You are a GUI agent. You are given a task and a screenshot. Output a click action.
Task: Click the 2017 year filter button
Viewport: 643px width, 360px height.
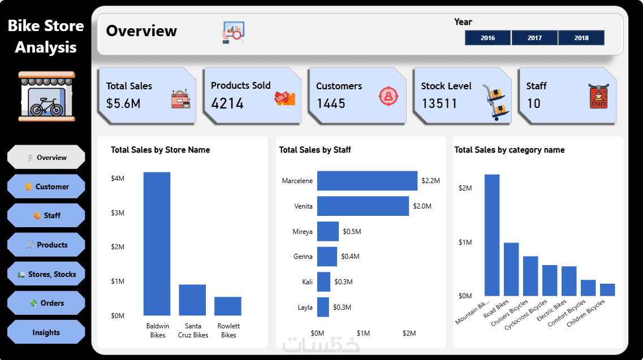click(x=534, y=38)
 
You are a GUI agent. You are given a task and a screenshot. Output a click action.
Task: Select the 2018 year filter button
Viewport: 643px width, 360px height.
click(x=581, y=38)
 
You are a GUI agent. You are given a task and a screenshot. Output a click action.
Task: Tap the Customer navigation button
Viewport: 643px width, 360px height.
click(x=46, y=186)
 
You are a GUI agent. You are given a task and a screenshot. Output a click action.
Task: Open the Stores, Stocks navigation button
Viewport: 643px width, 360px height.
click(x=46, y=274)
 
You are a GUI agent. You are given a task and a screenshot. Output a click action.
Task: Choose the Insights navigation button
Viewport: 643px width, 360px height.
click(x=46, y=332)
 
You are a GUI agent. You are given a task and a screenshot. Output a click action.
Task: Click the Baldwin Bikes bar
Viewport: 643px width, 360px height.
click(x=157, y=243)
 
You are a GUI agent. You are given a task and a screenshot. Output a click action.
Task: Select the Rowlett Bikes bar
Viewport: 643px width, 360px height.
click(x=228, y=306)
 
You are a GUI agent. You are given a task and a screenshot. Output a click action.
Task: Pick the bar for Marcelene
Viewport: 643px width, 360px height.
click(x=367, y=181)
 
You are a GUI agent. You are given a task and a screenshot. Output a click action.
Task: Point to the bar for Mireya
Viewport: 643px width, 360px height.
click(x=328, y=232)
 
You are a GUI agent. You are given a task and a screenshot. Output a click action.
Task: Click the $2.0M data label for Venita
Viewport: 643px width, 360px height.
click(x=422, y=206)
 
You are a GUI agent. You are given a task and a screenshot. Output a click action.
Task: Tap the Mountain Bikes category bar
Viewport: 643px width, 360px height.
click(x=492, y=235)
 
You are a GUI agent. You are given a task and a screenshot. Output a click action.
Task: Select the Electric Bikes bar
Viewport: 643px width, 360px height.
click(x=569, y=281)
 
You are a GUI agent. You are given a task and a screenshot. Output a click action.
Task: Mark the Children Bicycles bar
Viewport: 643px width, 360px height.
click(x=607, y=289)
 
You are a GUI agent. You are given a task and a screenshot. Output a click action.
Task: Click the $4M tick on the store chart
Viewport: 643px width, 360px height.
click(x=118, y=179)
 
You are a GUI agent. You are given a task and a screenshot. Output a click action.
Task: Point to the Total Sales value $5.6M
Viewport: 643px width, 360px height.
click(x=123, y=103)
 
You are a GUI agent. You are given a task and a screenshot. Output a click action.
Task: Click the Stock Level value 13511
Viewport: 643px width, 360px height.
click(x=439, y=103)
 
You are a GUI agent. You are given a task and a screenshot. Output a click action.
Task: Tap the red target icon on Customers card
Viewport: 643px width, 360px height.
click(x=388, y=96)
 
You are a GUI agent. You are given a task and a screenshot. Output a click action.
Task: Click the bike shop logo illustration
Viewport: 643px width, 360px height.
click(x=46, y=96)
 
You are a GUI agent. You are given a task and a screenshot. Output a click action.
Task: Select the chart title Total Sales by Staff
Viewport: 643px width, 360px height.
click(x=315, y=150)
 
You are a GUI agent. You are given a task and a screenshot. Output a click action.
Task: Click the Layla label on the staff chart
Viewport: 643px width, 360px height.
click(x=305, y=307)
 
